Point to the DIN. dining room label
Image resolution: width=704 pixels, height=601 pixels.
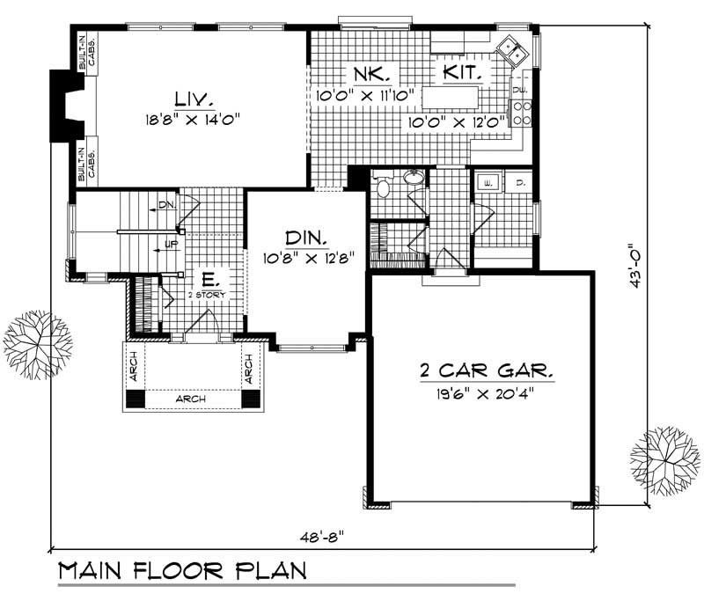306,238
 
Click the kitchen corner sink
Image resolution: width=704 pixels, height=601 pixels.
510,48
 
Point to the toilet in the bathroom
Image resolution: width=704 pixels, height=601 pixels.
382,187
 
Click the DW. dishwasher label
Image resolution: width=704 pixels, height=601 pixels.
519,91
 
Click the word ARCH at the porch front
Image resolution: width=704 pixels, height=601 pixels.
190,399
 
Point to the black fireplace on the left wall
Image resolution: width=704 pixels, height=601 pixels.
64,104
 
